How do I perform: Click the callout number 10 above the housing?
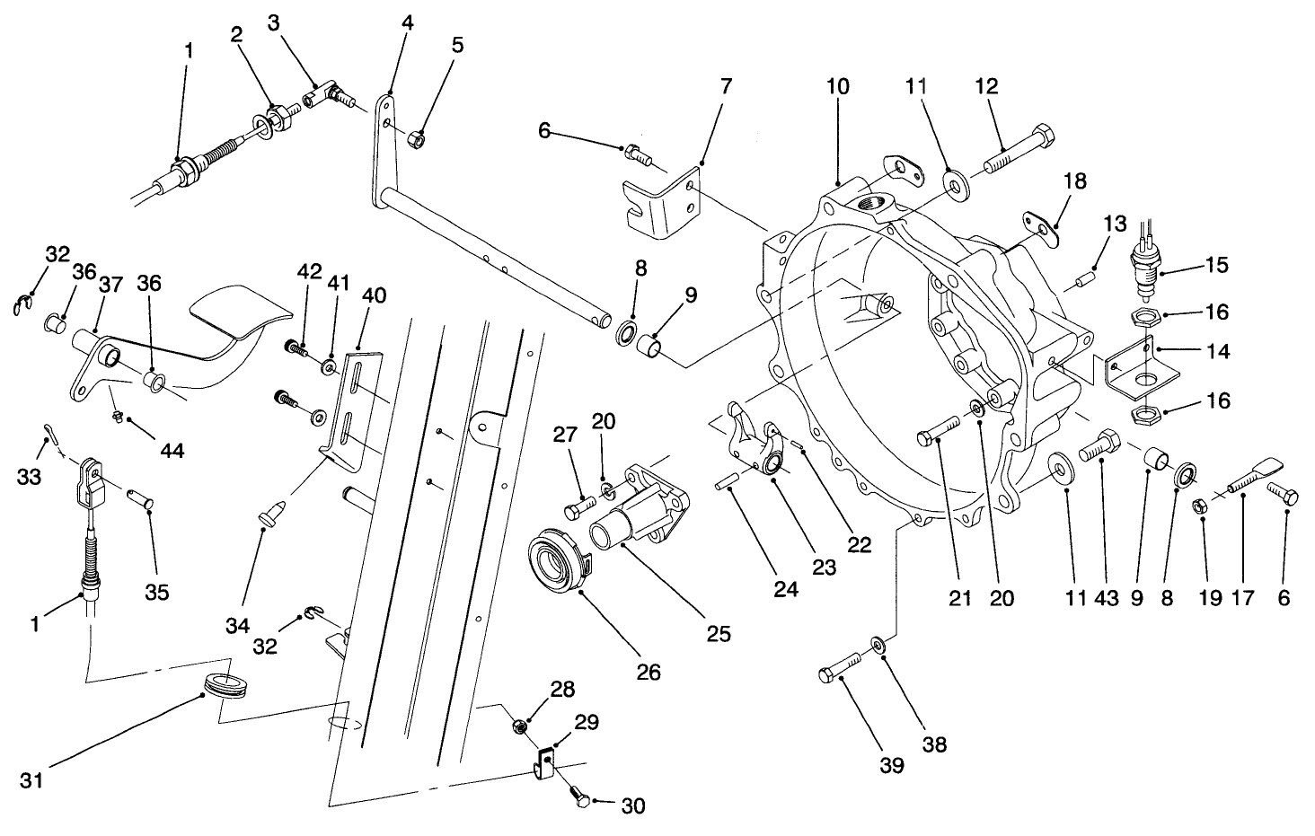(x=837, y=87)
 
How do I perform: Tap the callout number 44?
(x=172, y=450)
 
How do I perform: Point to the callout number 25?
(x=718, y=633)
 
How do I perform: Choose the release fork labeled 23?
(x=756, y=443)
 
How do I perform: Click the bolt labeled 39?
(x=839, y=674)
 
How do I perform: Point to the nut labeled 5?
(x=417, y=138)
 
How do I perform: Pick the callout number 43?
(x=1107, y=597)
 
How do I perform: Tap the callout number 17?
(x=1241, y=597)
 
